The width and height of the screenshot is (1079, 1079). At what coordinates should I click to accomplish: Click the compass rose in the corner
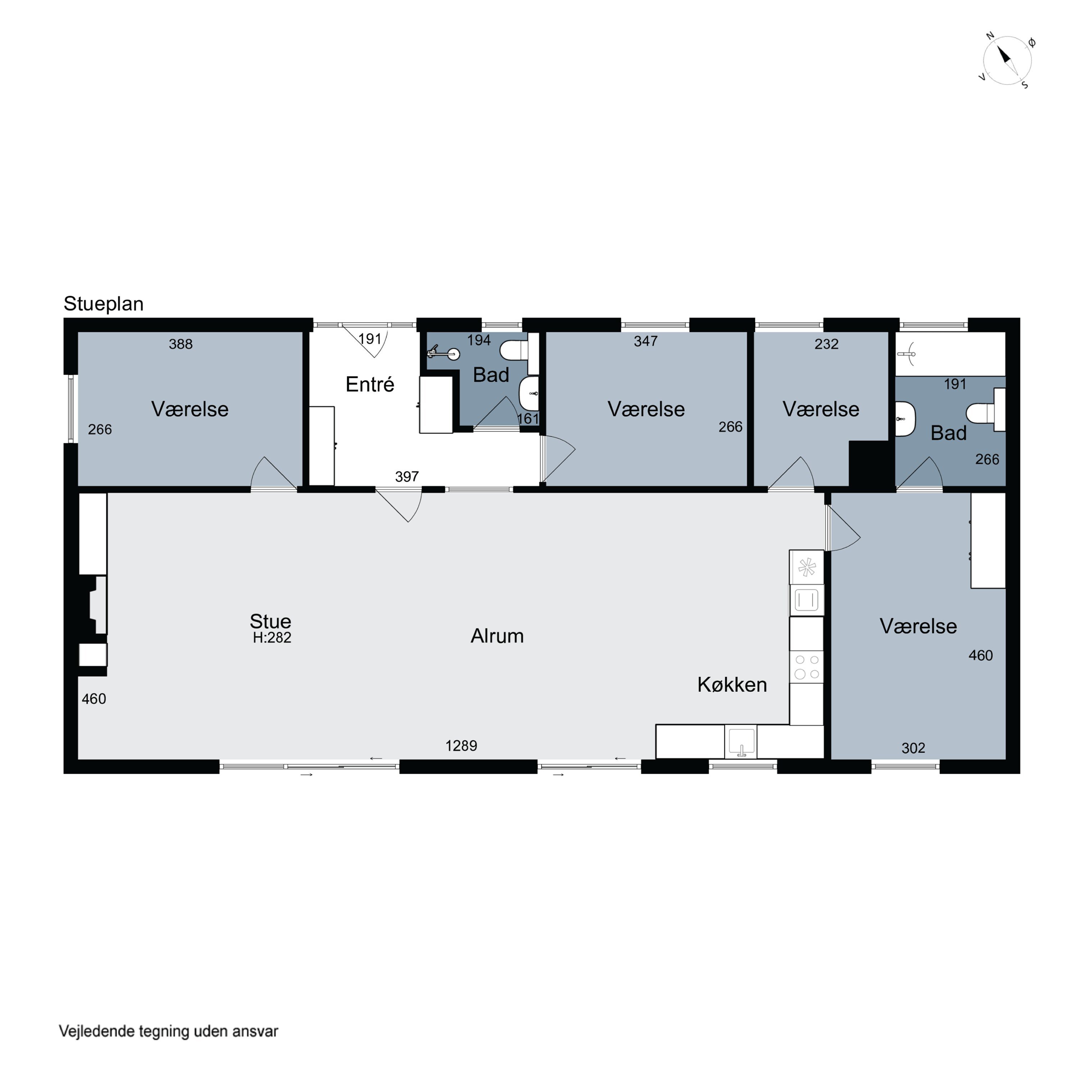[x=1007, y=61]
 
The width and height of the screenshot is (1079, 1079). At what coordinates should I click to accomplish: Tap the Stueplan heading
[x=103, y=304]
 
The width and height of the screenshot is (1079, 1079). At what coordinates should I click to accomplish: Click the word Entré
[x=370, y=384]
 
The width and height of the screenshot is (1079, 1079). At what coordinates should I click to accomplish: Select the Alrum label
[x=497, y=636]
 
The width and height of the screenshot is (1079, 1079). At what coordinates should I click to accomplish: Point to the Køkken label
[x=732, y=685]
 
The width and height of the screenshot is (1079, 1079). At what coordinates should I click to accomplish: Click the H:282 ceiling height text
[x=272, y=638]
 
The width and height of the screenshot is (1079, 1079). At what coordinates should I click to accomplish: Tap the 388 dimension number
[x=181, y=344]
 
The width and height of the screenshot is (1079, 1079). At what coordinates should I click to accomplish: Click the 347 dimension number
[x=646, y=341]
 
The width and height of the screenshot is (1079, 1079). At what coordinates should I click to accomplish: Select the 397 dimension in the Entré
[x=406, y=477]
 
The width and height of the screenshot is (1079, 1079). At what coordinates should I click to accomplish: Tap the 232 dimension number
[x=826, y=344]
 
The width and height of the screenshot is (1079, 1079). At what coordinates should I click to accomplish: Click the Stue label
[x=270, y=622]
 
